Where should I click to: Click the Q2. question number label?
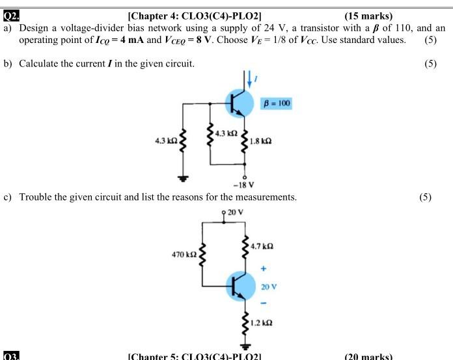tap(11, 16)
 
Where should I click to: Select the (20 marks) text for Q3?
tap(368, 356)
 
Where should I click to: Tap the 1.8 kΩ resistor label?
tap(260, 141)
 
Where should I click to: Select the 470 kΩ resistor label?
tap(184, 254)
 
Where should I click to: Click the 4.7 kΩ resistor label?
tap(262, 247)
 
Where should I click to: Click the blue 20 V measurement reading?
tap(269, 286)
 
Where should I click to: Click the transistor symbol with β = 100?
tap(238, 102)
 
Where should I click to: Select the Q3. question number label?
tap(11, 356)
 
